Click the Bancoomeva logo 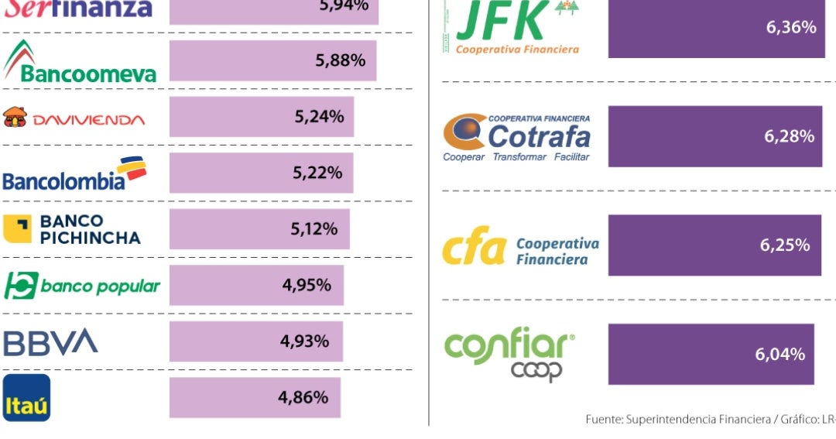[x=80, y=62]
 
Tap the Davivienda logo [x=74, y=118]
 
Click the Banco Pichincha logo [x=72, y=229]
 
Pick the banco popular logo [x=82, y=286]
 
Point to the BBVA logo [x=51, y=342]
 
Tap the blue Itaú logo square [x=26, y=398]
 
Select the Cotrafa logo [x=517, y=137]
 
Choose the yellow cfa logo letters [x=474, y=250]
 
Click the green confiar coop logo [x=509, y=353]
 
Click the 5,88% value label [x=340, y=60]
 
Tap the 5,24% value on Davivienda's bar [x=319, y=117]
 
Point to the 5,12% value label [x=313, y=229]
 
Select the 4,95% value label [x=307, y=285]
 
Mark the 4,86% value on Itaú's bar [x=303, y=398]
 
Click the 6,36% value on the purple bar [x=791, y=28]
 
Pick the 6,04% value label [x=779, y=355]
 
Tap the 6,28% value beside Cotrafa [x=789, y=136]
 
